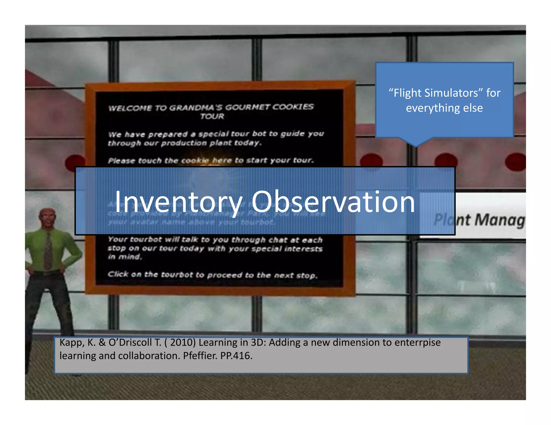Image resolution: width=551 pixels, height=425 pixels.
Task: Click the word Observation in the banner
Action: click(333, 202)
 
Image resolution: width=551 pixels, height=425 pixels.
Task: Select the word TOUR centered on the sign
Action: click(212, 116)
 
